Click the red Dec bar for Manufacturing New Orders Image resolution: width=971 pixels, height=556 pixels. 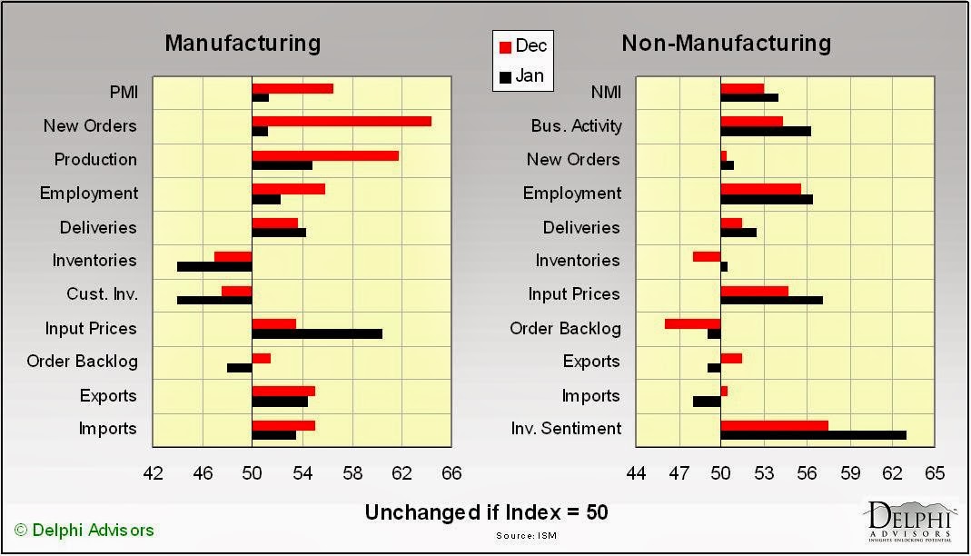[342, 121]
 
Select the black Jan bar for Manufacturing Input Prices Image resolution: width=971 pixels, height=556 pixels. [317, 333]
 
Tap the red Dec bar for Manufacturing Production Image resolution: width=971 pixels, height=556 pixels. [325, 155]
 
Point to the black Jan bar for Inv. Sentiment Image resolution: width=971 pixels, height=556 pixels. [813, 434]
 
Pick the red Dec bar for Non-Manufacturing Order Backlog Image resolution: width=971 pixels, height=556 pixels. [692, 323]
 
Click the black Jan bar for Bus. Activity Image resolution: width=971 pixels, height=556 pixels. [766, 131]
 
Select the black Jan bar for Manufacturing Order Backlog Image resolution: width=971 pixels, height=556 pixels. [240, 367]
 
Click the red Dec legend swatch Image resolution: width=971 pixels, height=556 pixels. [505, 46]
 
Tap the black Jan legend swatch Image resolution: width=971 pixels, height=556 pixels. [505, 77]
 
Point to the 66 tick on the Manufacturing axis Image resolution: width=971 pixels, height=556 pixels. [451, 473]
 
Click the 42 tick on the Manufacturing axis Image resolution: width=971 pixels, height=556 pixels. [154, 473]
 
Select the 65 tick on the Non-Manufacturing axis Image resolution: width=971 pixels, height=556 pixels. [935, 473]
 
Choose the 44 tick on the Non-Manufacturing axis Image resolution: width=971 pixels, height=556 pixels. [637, 473]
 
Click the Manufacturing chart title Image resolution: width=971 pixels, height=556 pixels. [243, 43]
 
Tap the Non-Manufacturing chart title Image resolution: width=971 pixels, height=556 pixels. [726, 43]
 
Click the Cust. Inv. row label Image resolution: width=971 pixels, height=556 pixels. [102, 294]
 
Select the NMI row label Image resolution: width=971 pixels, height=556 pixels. [606, 91]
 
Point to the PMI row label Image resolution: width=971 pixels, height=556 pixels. [122, 91]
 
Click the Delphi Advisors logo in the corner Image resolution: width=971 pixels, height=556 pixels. [911, 521]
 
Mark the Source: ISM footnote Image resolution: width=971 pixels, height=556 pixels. [526, 535]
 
